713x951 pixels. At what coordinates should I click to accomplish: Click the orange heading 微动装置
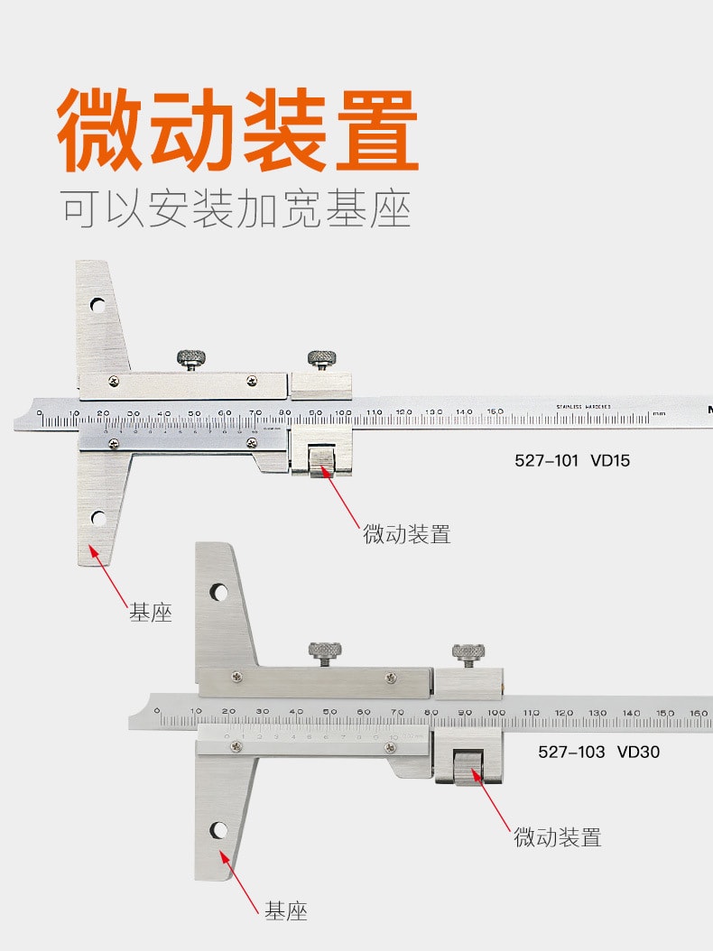[x=238, y=130]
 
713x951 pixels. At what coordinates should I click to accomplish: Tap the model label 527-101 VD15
[x=572, y=460]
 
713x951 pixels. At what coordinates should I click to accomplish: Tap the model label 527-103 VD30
[x=599, y=751]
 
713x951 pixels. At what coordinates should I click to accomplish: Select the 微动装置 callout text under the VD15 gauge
[x=407, y=534]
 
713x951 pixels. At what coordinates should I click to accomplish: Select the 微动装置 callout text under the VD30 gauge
[x=558, y=837]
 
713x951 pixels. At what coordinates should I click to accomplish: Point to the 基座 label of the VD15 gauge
[x=150, y=614]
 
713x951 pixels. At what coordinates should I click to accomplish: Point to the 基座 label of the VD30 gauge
[x=286, y=911]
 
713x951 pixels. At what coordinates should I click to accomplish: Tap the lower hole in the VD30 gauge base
[x=218, y=830]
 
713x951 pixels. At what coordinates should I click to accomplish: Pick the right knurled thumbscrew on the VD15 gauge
[x=319, y=357]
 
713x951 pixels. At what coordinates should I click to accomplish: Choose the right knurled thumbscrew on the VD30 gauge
[x=467, y=652]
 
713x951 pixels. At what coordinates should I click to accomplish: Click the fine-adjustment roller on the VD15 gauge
[x=319, y=462]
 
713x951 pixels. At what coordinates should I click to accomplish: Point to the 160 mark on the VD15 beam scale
[x=495, y=411]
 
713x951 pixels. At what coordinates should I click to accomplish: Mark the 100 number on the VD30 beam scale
[x=495, y=712]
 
